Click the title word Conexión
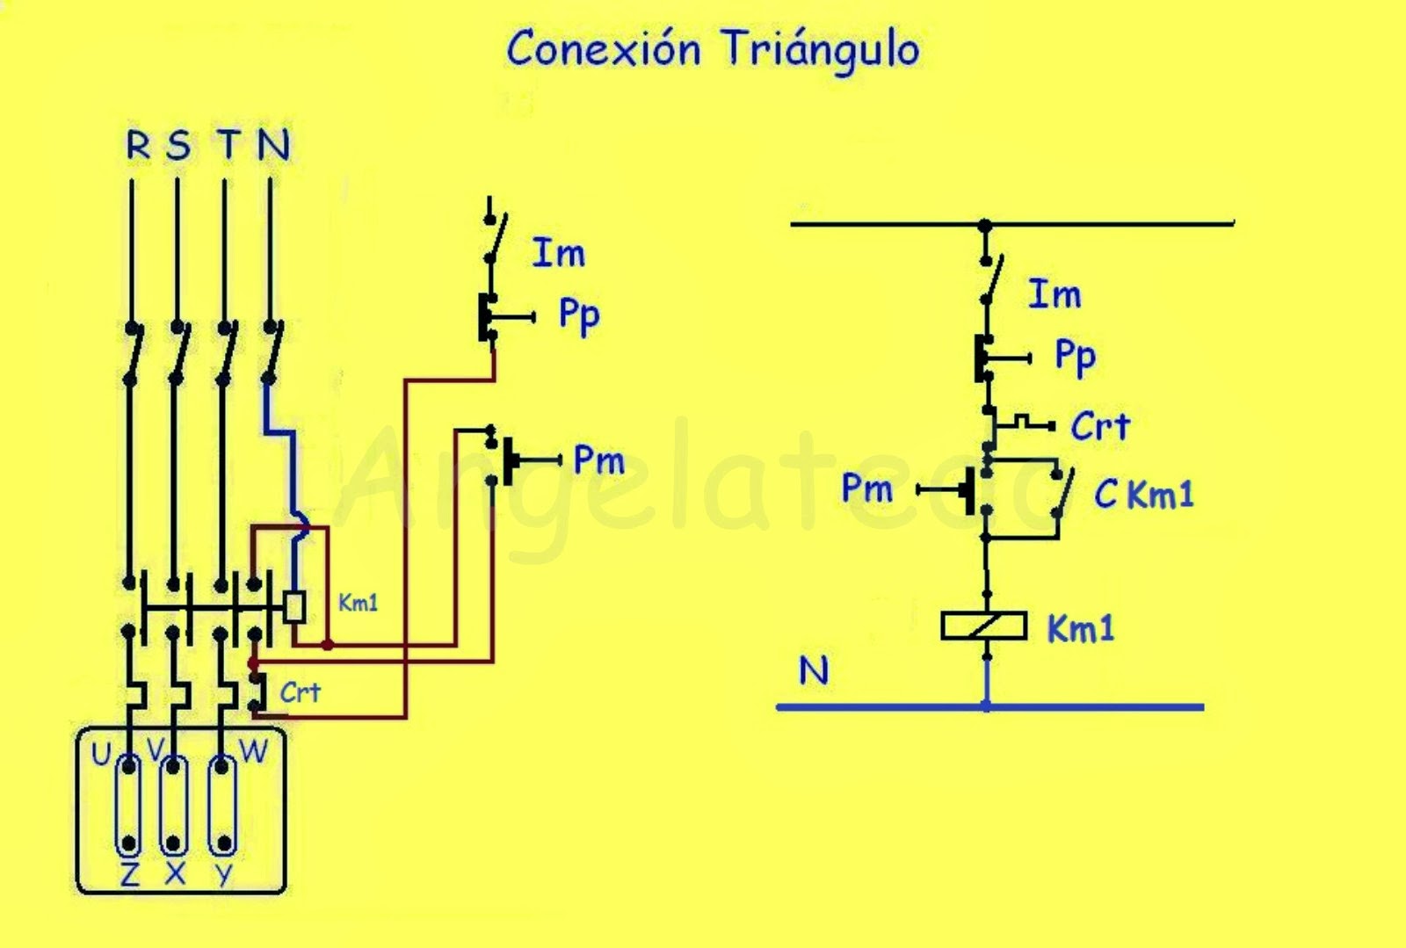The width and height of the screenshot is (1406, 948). point(603,48)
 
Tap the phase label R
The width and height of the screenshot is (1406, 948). point(138,145)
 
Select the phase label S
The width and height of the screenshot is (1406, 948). point(179,145)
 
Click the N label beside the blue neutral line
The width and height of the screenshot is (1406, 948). point(814,670)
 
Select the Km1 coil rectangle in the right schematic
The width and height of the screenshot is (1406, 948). point(983,626)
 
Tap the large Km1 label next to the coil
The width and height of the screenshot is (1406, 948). point(1080,628)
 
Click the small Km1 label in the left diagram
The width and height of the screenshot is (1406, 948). point(358,603)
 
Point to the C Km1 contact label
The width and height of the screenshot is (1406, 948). point(1143,494)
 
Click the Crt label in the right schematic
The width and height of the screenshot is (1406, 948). point(1100,426)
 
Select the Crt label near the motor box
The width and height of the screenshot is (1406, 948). point(300,692)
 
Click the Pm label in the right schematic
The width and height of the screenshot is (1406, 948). point(866,488)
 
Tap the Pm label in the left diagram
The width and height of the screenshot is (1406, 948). point(599,460)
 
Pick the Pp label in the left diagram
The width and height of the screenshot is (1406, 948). point(579,316)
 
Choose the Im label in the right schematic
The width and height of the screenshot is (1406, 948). point(1054,294)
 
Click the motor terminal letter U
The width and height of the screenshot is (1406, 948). point(101,754)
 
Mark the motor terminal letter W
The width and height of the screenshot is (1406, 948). point(254,751)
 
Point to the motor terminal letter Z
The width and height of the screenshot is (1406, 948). point(130,874)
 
